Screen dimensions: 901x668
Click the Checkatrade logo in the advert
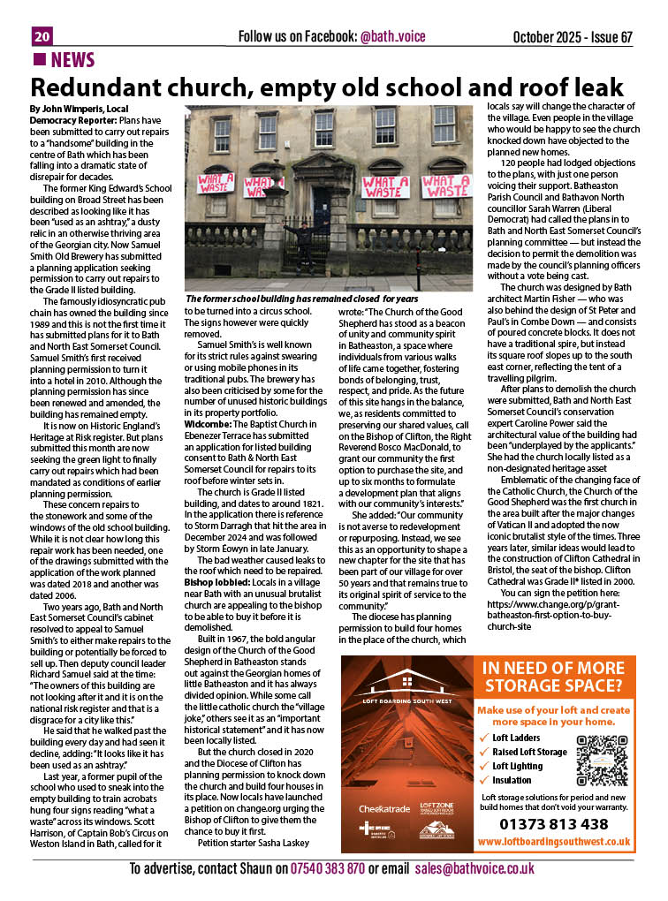(383, 808)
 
